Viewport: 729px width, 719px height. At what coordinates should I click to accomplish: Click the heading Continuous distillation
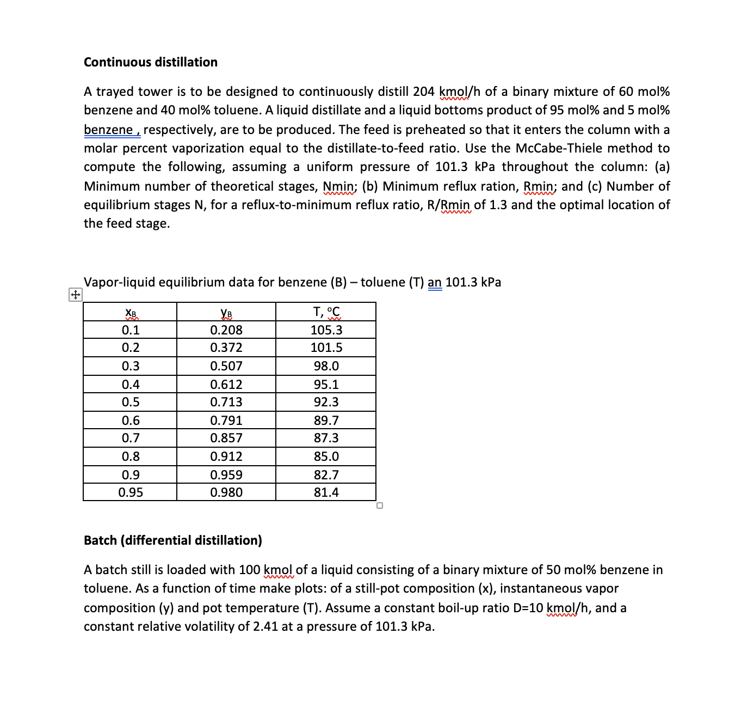pos(151,62)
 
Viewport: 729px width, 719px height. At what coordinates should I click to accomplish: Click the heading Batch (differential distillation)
pos(172,540)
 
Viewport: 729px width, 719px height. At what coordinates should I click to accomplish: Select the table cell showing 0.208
pos(226,330)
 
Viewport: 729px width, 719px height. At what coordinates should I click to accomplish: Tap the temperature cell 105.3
pos(326,330)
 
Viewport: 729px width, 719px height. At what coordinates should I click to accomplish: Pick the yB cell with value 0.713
pos(226,402)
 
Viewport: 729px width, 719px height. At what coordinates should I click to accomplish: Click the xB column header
pos(131,313)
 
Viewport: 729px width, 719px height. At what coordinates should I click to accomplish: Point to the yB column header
pos(226,313)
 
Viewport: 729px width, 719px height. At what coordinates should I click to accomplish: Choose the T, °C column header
pos(326,312)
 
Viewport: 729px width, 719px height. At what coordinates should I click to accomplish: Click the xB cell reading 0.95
pos(131,492)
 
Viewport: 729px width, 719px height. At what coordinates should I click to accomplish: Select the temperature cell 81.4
pos(326,492)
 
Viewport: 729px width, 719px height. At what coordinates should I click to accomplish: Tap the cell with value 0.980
pos(226,492)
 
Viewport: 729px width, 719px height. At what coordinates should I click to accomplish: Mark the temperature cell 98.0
pos(326,366)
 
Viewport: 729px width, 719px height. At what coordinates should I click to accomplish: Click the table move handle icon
pos(75,295)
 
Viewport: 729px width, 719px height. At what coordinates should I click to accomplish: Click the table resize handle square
pos(380,505)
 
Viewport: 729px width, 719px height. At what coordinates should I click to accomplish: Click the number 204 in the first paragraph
pos(423,92)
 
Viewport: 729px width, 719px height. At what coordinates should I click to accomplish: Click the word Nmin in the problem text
pos(338,186)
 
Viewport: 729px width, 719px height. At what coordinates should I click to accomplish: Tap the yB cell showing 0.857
pos(226,438)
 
